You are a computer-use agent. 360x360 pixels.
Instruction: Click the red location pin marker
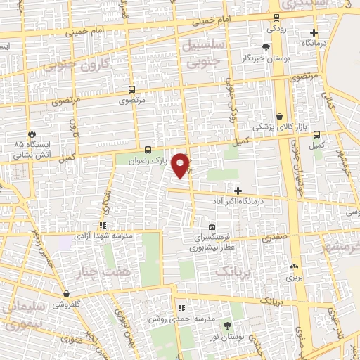[x=181, y=165]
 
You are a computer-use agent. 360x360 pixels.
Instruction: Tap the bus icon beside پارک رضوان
[x=148, y=150]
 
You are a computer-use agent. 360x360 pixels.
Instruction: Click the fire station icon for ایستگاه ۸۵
[x=31, y=133]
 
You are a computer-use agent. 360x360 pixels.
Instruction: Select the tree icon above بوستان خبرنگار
[x=266, y=48]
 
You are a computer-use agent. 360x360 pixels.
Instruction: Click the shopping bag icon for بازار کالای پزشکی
[x=280, y=117]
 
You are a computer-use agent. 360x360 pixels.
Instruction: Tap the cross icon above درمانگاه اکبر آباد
[x=238, y=191]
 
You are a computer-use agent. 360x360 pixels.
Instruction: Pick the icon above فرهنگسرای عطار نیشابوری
[x=212, y=227]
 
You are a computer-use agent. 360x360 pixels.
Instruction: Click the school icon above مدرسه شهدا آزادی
[x=103, y=225]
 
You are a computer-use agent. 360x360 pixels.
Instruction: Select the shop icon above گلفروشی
[x=66, y=294]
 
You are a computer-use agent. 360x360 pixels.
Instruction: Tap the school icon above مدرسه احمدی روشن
[x=181, y=308]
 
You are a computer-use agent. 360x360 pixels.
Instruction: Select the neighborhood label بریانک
[x=231, y=270]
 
